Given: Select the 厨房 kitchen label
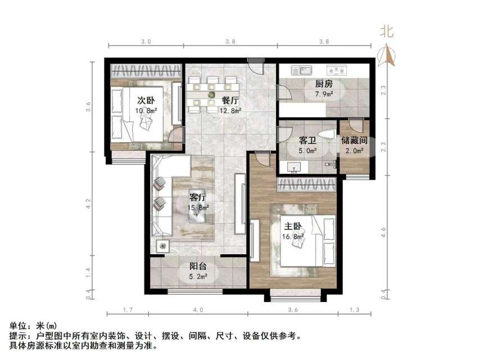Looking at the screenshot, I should point(316,85).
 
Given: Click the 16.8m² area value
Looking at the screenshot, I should point(293,236).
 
